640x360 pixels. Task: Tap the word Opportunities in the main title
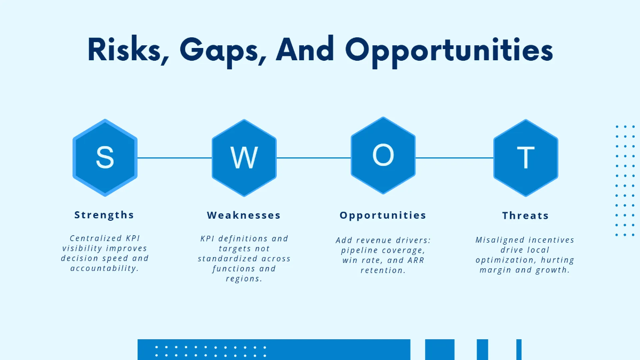[x=449, y=51]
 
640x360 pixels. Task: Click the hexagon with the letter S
[x=105, y=158]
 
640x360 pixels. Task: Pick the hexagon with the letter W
[x=244, y=158]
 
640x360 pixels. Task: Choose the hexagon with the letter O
[x=383, y=155]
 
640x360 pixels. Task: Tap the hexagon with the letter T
[x=526, y=158]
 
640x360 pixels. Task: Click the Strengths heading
[x=104, y=215]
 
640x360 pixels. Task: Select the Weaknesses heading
[x=244, y=215]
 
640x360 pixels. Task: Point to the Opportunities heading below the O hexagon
[x=383, y=215]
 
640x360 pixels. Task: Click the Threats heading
[x=525, y=215]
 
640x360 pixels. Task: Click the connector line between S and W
[x=174, y=158]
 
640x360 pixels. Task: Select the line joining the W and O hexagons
[x=314, y=158]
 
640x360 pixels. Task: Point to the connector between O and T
[x=454, y=158]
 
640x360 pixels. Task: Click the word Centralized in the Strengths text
[x=95, y=238]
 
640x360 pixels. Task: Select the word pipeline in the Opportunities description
[x=359, y=251]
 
